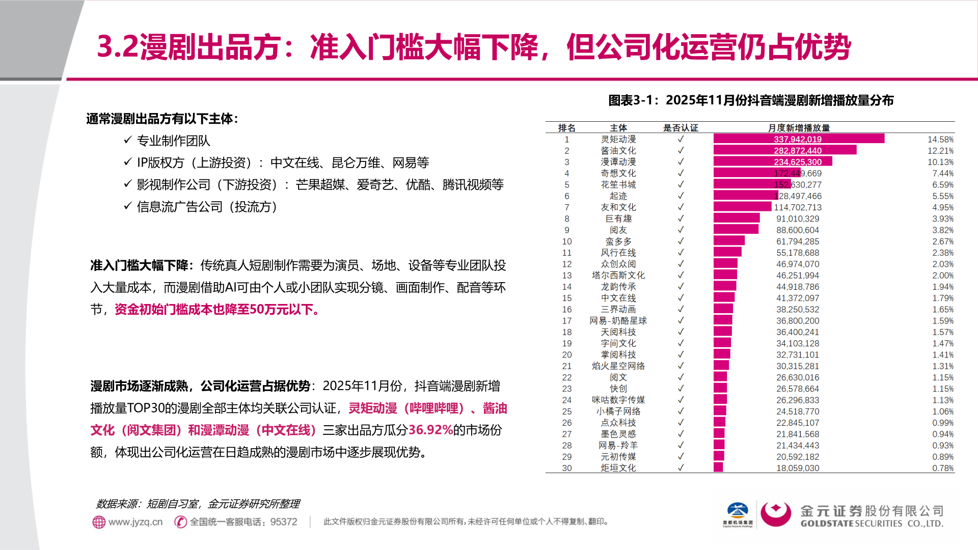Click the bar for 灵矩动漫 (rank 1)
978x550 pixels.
pos(798,139)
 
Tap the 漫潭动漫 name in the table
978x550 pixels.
pos(618,162)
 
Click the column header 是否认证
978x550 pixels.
pos(681,128)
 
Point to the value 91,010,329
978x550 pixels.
pos(798,219)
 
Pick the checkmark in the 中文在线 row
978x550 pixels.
pos(681,298)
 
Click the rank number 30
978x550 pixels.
pos(566,468)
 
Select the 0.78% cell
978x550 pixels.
pos(942,468)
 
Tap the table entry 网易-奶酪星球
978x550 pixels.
pos(618,321)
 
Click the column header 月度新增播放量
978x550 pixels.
pos(799,128)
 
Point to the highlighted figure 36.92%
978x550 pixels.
pos(430,430)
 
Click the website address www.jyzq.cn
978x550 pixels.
pos(135,522)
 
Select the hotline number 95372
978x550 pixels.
pos(284,522)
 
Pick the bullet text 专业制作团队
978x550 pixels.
pos(173,141)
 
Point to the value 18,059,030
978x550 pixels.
pos(798,468)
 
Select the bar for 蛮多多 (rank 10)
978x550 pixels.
pos(729,241)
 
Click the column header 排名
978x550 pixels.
pos(566,128)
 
